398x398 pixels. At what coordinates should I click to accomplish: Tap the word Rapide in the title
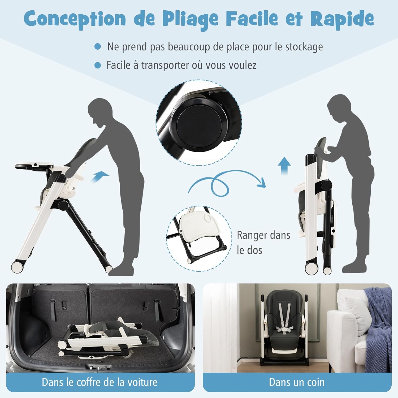point(342,18)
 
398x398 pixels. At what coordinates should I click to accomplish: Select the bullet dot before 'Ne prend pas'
point(98,47)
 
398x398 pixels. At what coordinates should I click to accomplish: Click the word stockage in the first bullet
point(304,47)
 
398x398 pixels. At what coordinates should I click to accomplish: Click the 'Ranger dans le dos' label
point(263,243)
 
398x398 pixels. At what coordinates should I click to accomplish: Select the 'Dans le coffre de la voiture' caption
point(99,382)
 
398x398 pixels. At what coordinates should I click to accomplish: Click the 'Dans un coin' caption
point(297,382)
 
